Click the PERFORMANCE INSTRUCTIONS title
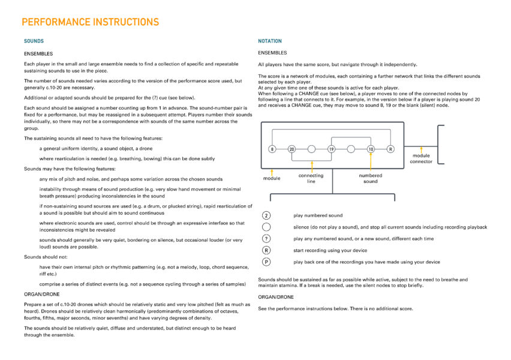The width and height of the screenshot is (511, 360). point(90,22)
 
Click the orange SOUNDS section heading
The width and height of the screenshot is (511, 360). point(34,41)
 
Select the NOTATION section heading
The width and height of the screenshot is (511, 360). point(270,41)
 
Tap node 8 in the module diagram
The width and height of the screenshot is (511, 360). point(272,149)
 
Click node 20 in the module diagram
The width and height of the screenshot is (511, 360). point(292,149)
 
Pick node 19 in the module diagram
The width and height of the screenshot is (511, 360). point(331,149)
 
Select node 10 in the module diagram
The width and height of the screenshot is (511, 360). point(371,149)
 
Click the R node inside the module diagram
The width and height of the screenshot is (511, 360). point(390,149)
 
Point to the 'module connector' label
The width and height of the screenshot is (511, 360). point(420,158)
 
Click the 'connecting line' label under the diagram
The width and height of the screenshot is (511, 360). point(311,178)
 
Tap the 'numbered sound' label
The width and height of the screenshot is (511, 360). point(371,178)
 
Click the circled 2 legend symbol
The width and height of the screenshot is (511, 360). point(266,215)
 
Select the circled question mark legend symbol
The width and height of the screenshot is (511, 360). point(266,239)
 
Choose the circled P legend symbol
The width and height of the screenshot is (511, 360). point(266,262)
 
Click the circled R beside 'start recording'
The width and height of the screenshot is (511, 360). point(266,250)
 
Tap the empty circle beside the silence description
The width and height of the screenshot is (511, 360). point(266,227)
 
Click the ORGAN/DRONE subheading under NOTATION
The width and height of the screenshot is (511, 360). point(276,297)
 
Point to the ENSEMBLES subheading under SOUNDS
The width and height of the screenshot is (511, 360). point(38,53)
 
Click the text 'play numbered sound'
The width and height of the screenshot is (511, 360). point(318,215)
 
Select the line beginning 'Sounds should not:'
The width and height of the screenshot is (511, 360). point(46,256)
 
